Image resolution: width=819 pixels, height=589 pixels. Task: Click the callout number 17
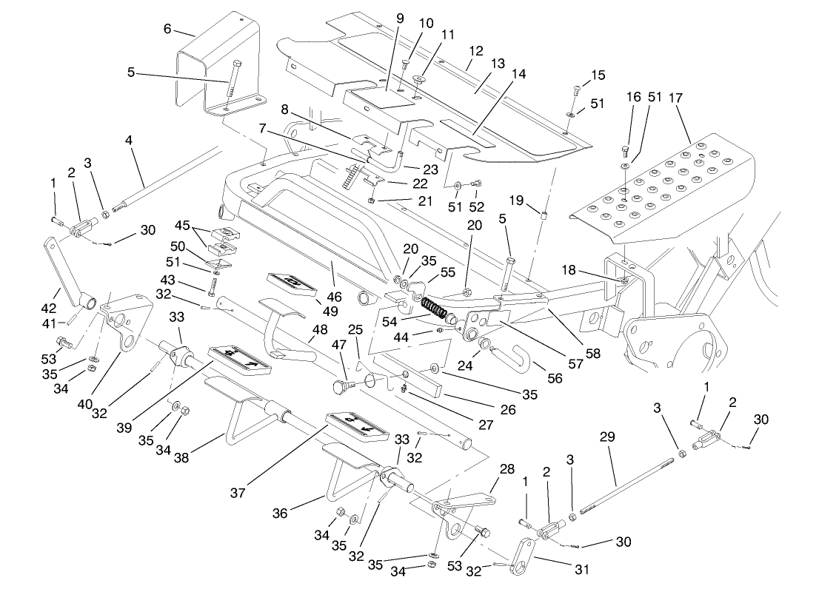click(x=675, y=97)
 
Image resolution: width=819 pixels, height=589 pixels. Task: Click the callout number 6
click(x=167, y=29)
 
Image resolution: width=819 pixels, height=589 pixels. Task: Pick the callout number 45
click(x=183, y=225)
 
